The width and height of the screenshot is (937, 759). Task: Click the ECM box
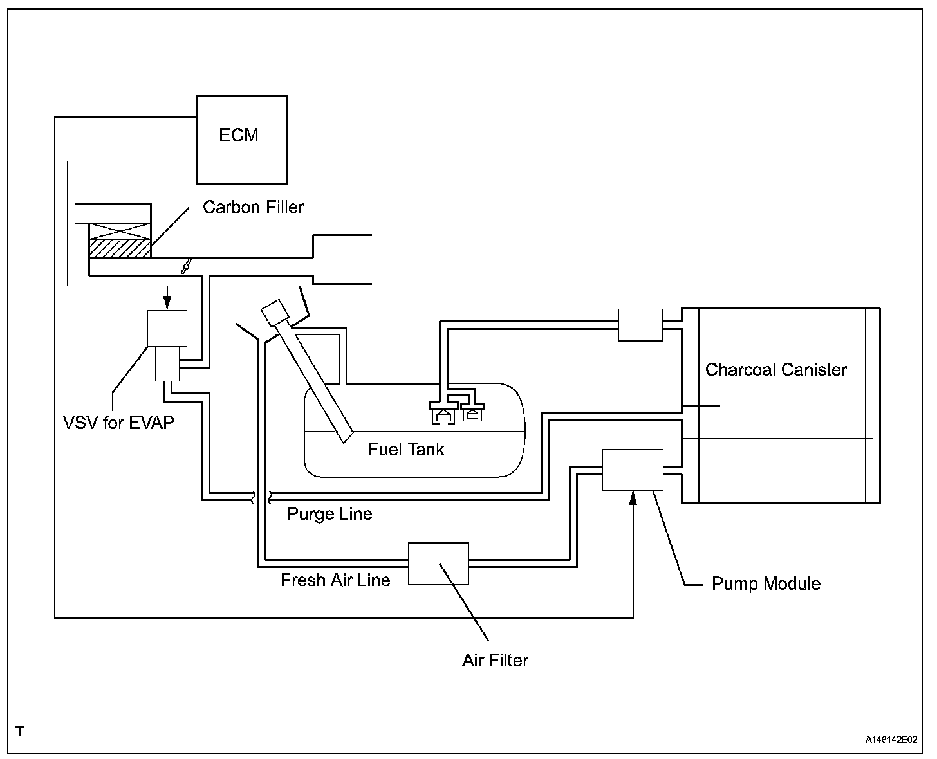pyautogui.click(x=241, y=140)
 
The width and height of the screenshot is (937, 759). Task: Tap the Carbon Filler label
pyautogui.click(x=253, y=207)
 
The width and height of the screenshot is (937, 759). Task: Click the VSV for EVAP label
pyautogui.click(x=118, y=423)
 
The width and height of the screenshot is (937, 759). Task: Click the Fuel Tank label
pyautogui.click(x=406, y=449)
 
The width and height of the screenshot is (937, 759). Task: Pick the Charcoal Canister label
pyautogui.click(x=775, y=370)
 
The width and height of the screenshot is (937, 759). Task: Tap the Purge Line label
pyautogui.click(x=329, y=514)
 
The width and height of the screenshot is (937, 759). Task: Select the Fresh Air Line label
pyautogui.click(x=335, y=580)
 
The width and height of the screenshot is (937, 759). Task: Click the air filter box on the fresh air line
pyautogui.click(x=438, y=563)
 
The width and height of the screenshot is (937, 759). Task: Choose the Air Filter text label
pyautogui.click(x=495, y=661)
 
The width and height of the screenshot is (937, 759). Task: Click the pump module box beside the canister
pyautogui.click(x=633, y=470)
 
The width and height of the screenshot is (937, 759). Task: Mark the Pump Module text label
pyautogui.click(x=766, y=584)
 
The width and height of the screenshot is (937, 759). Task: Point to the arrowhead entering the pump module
pyautogui.click(x=633, y=497)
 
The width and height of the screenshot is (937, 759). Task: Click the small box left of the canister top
pyautogui.click(x=640, y=325)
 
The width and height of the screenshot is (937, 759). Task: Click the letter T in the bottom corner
pyautogui.click(x=21, y=731)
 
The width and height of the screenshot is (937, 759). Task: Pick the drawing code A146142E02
pyautogui.click(x=891, y=740)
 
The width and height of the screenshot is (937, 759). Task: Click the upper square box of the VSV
pyautogui.click(x=167, y=328)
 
